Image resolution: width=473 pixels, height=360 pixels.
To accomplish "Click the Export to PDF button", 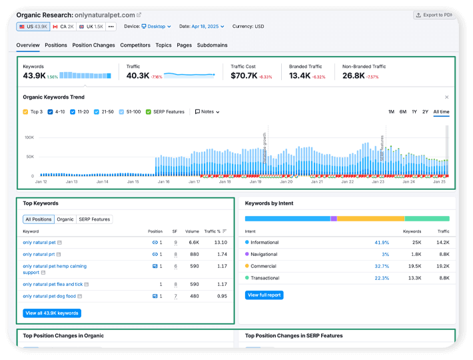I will [x=434, y=15].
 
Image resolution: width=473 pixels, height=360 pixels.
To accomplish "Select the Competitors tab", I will [x=135, y=45].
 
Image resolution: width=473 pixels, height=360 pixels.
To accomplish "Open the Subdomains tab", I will [x=212, y=45].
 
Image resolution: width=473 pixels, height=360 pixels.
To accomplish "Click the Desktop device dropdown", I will [x=156, y=27].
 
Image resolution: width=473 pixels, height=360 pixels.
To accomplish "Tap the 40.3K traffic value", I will [x=138, y=76].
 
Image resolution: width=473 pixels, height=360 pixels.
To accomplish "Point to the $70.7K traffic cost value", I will [x=244, y=76].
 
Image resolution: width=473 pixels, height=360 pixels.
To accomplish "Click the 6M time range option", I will [x=403, y=111].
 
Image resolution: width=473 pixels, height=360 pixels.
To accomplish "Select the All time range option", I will [x=441, y=111].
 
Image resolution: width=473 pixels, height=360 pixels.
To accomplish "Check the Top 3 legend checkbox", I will [x=25, y=112].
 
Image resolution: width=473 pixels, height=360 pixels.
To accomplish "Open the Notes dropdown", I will [x=207, y=112].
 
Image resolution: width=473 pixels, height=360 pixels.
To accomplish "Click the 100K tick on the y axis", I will [x=29, y=137].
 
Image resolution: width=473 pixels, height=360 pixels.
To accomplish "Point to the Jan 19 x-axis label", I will [x=255, y=181].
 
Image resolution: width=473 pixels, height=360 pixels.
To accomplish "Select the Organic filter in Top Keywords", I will [x=65, y=219].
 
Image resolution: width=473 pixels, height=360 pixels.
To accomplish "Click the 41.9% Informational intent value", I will [x=382, y=243].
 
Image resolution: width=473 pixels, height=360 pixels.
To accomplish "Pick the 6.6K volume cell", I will [x=194, y=243].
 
